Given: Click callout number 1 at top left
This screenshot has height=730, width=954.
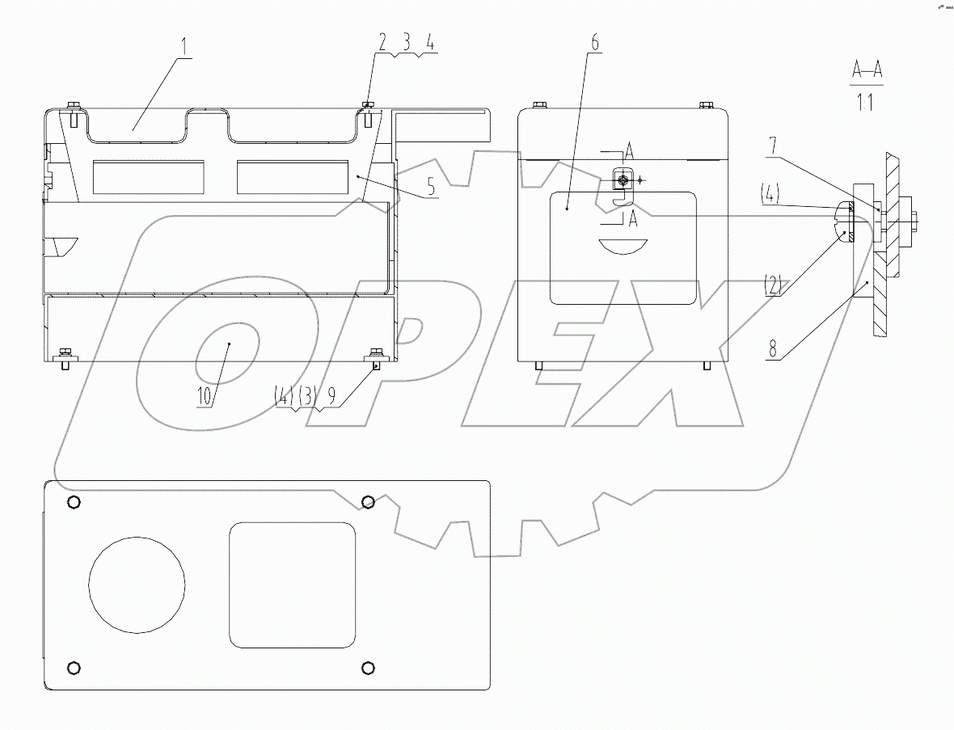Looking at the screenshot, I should point(186,45).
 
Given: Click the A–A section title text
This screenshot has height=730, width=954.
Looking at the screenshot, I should point(866,70).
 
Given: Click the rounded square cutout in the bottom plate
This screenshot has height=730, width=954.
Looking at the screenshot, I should point(293,584).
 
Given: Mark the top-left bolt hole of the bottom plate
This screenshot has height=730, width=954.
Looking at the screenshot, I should point(74,503).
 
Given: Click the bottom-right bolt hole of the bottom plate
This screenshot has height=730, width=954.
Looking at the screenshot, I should point(369,667).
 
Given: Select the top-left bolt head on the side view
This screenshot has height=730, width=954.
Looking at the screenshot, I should point(539,104).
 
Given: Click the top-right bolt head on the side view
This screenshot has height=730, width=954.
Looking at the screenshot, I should point(705,104).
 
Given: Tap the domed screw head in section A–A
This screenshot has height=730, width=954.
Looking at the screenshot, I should point(843,222).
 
